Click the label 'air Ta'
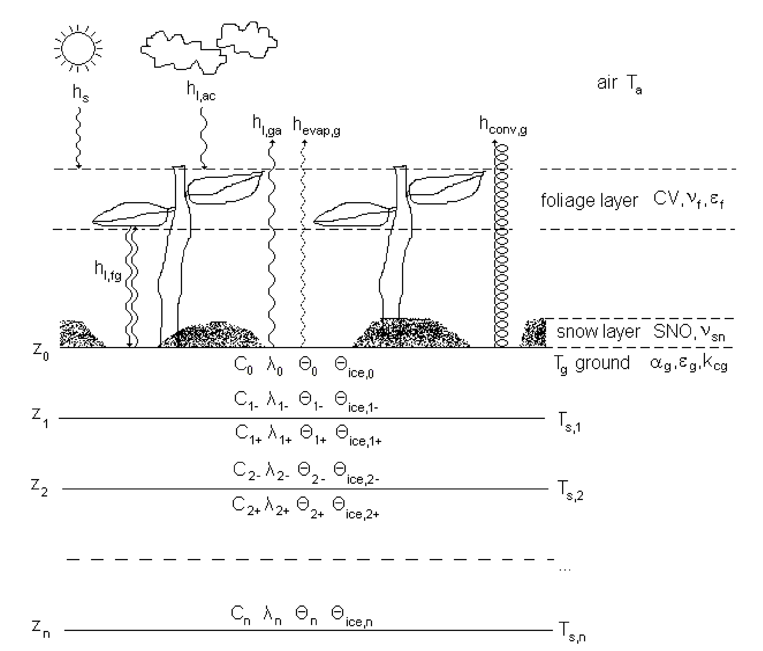click(619, 84)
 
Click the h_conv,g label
click(503, 125)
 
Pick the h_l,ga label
click(267, 125)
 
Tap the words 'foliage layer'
click(589, 201)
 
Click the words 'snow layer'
click(598, 332)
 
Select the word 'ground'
click(602, 363)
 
